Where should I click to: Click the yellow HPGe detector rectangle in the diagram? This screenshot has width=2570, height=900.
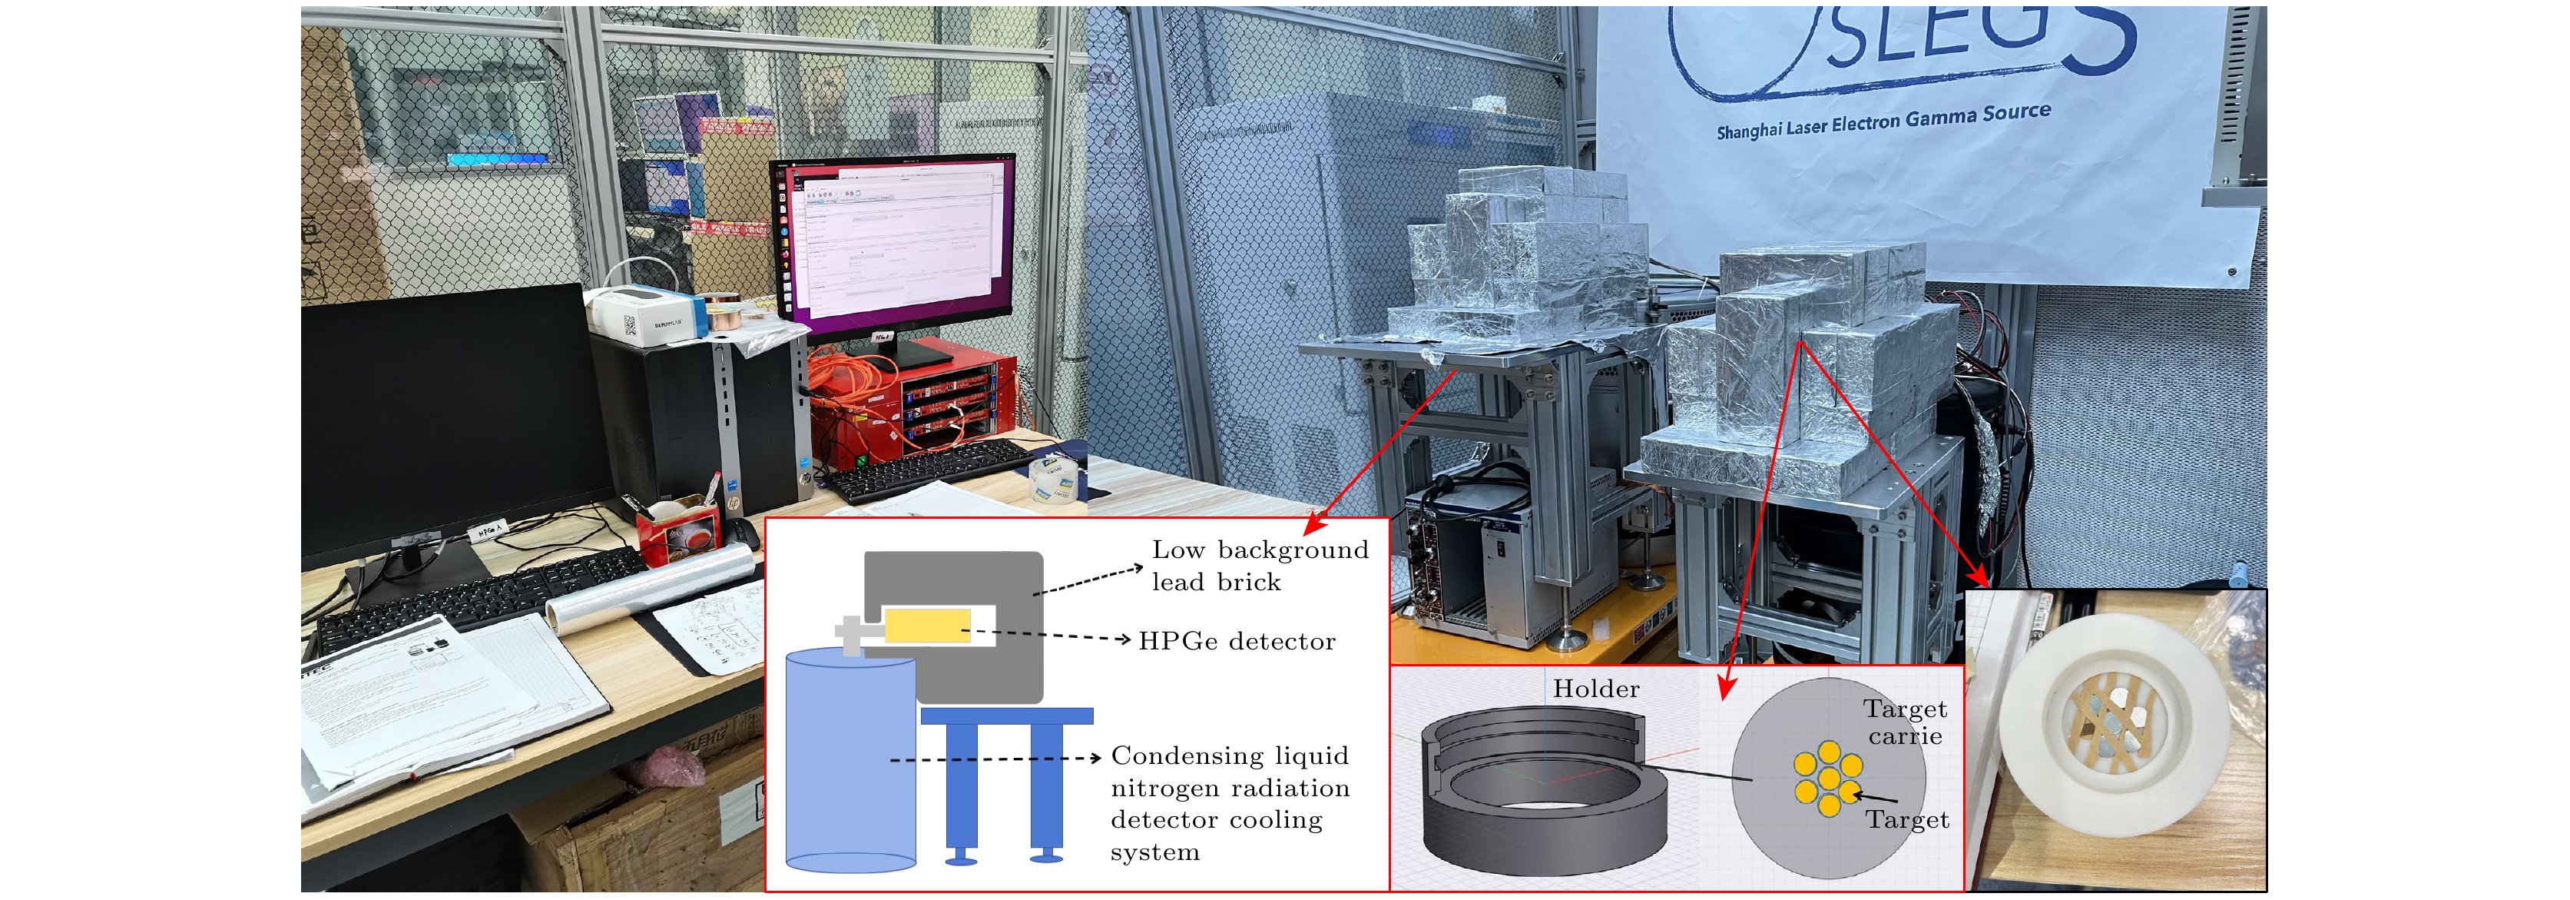pyautogui.click(x=927, y=626)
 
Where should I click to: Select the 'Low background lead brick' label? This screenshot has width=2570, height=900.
pyautogui.click(x=1259, y=566)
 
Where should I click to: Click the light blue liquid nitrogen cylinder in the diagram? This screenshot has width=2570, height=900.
pyautogui.click(x=850, y=759)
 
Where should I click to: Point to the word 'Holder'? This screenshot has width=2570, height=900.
pyautogui.click(x=1595, y=689)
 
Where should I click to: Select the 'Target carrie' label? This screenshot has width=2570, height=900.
pyautogui.click(x=1905, y=722)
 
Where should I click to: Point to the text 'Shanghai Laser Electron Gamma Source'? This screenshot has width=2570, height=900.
pyautogui.click(x=1883, y=121)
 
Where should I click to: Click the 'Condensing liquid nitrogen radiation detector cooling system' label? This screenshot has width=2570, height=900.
pyautogui.click(x=1229, y=803)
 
